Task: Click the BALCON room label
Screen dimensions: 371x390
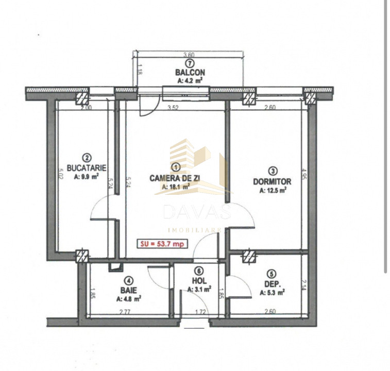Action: pos(190,73)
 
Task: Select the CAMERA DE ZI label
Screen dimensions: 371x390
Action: pos(176,178)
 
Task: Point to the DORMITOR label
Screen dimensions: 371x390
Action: pos(272,181)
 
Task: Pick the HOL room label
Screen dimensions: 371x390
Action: pos(199,281)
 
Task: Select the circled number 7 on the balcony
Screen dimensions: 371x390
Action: pos(190,63)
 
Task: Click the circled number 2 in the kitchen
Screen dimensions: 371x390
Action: pos(87,158)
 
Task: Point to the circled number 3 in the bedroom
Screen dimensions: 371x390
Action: pos(273,172)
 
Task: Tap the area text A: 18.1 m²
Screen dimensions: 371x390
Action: pos(176,188)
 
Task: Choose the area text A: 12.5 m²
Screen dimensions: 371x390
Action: pos(273,190)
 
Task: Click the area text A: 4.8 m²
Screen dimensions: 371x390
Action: pos(126,298)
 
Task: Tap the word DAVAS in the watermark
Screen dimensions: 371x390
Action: pos(196,212)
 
